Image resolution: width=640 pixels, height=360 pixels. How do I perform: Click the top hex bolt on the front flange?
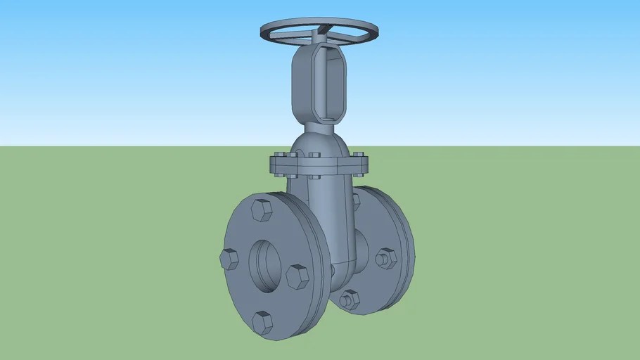[x=261, y=210]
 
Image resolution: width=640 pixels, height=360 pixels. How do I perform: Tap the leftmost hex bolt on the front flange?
[x=230, y=259]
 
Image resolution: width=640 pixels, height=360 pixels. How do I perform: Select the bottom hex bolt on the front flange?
[x=262, y=322]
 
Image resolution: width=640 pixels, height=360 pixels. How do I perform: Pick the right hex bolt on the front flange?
[x=297, y=276]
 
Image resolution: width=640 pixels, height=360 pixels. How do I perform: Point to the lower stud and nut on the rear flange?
[x=349, y=300]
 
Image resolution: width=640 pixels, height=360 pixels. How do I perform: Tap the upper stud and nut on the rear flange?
[x=385, y=258]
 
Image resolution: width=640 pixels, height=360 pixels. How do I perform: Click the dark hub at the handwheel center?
[x=321, y=30]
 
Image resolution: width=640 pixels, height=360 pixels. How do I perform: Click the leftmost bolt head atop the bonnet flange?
[x=278, y=154]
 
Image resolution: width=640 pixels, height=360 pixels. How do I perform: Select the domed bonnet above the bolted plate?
[x=319, y=144]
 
